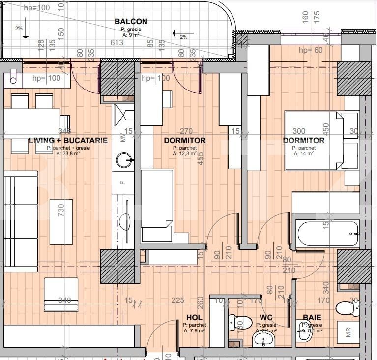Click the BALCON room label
[x=131, y=22]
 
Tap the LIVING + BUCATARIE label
[x=68, y=141]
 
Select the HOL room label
[x=195, y=318]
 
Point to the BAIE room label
[x=312, y=318]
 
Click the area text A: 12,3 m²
[x=185, y=153]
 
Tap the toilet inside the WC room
[x=240, y=322]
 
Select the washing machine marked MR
[x=348, y=332]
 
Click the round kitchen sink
[x=123, y=159]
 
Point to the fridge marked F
[x=123, y=183]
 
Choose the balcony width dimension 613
[x=117, y=43]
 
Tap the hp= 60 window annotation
[x=311, y=50]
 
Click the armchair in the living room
[x=61, y=295]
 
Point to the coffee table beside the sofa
[x=61, y=221]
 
